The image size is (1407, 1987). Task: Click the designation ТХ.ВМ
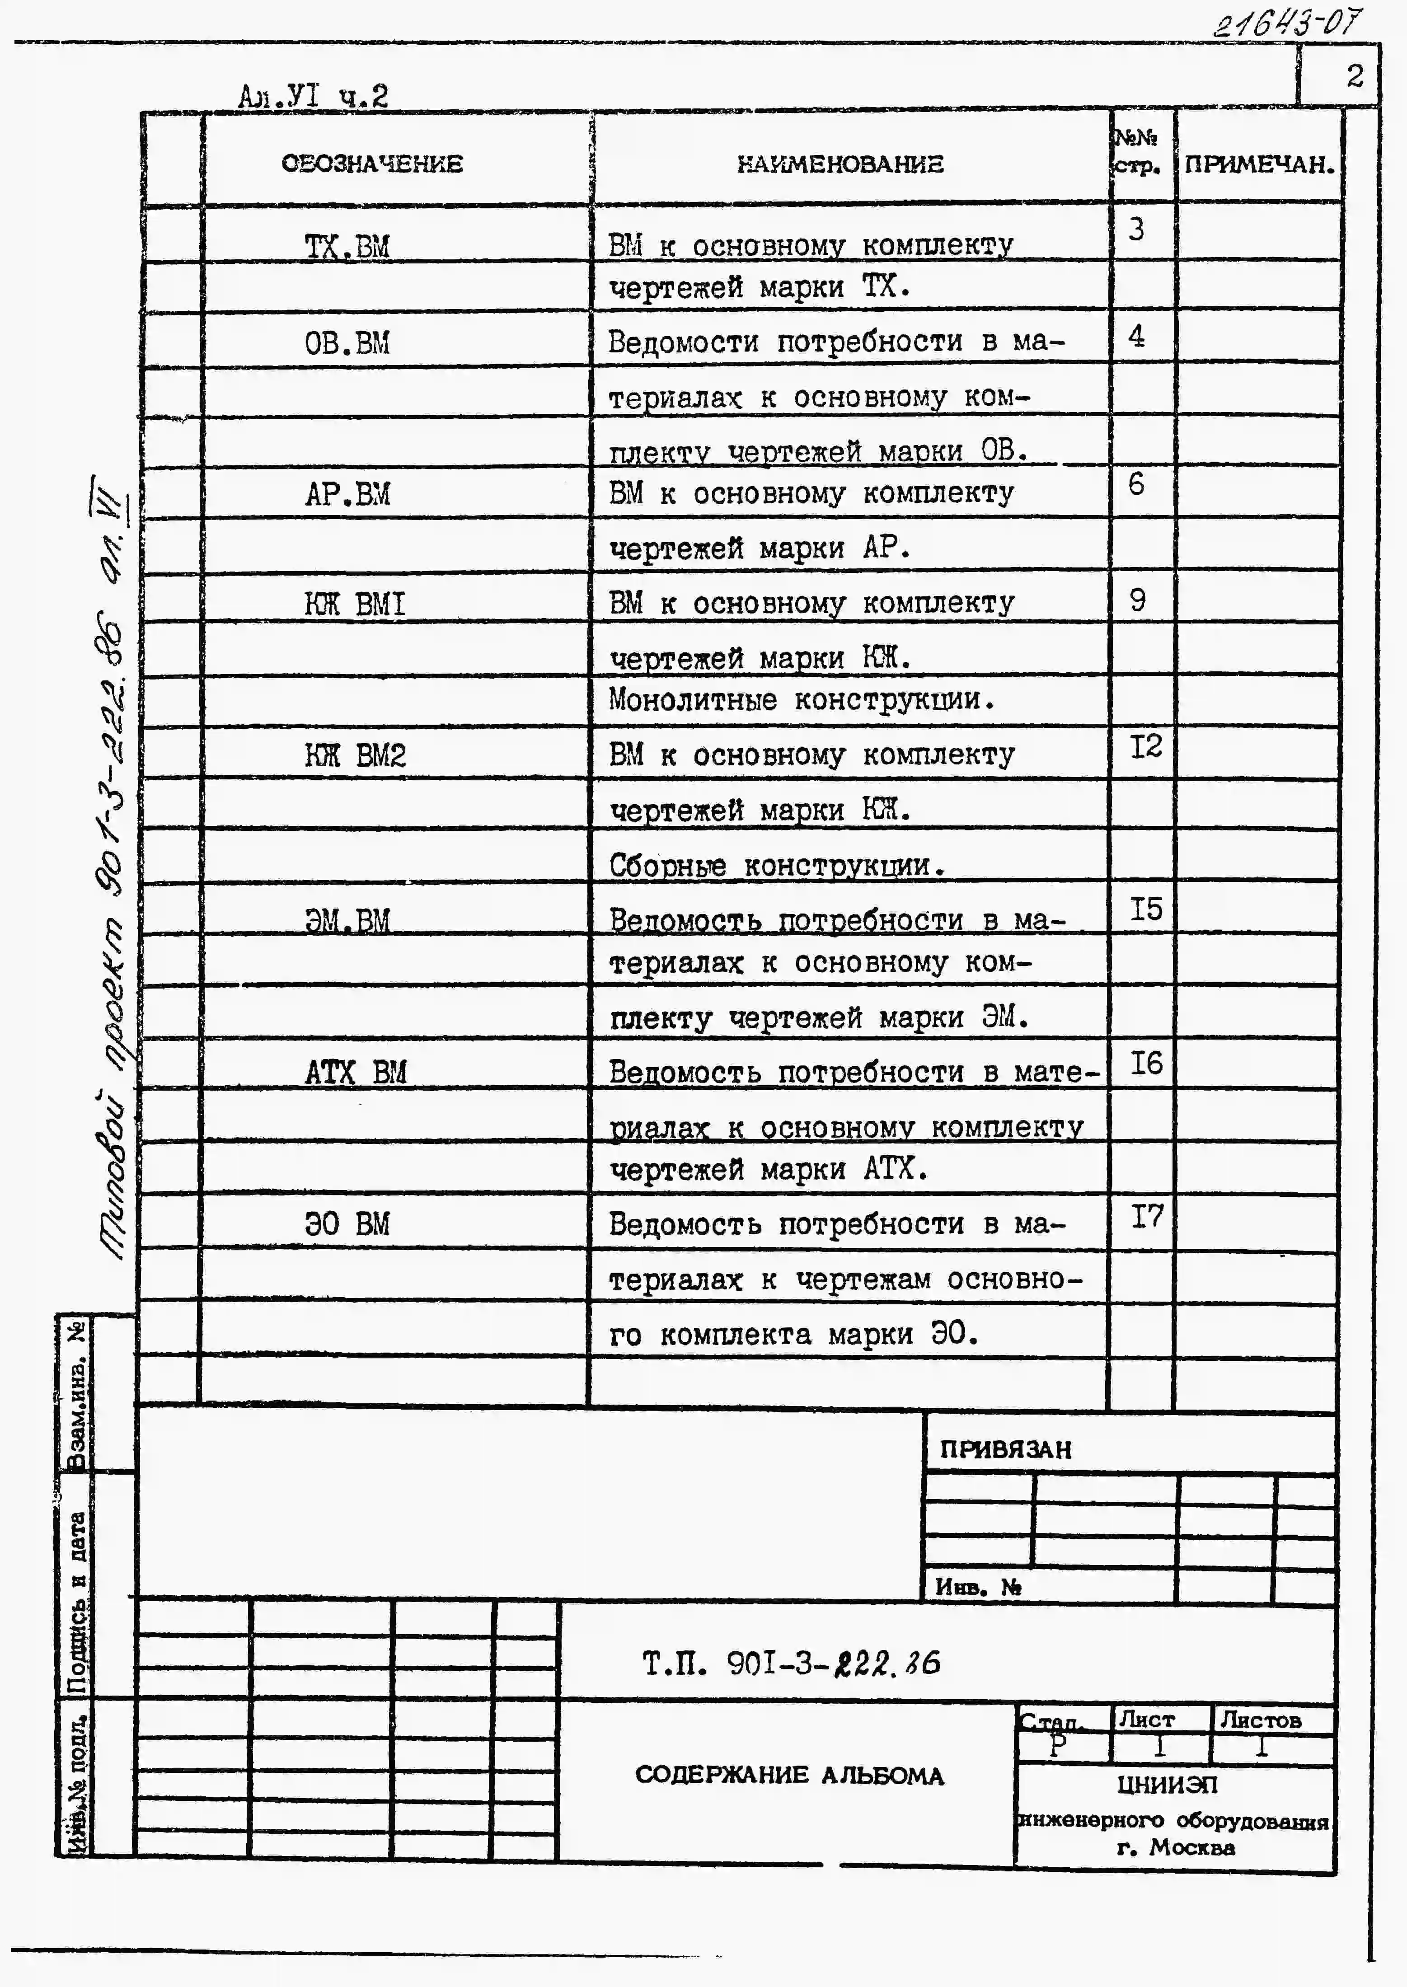(x=347, y=247)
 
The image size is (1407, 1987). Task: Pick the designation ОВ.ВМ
(x=347, y=343)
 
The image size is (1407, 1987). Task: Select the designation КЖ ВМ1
(x=354, y=604)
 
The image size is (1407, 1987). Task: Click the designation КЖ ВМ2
(x=354, y=755)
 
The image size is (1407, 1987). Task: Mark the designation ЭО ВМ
(x=347, y=1224)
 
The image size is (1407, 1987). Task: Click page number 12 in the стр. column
(x=1145, y=747)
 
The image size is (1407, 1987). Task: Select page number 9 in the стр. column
(x=1138, y=600)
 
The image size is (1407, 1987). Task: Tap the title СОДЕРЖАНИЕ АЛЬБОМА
(x=789, y=1775)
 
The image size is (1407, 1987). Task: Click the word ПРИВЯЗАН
(x=1005, y=1449)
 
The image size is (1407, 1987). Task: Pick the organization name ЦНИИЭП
(x=1167, y=1784)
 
